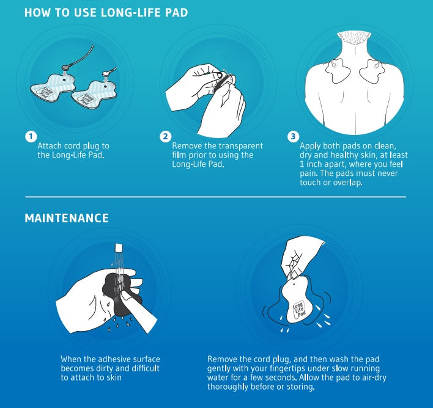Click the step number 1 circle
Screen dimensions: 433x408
[31, 137]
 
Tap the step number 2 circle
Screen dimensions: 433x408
[165, 137]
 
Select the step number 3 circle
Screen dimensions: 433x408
[294, 136]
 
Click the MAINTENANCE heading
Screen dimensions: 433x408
[67, 218]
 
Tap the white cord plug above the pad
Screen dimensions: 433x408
[106, 74]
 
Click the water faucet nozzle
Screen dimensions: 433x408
[119, 247]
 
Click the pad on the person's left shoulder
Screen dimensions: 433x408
[338, 71]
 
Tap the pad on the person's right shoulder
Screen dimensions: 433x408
[372, 71]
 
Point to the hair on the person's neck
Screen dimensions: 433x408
[353, 37]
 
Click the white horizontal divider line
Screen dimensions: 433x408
[216, 197]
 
